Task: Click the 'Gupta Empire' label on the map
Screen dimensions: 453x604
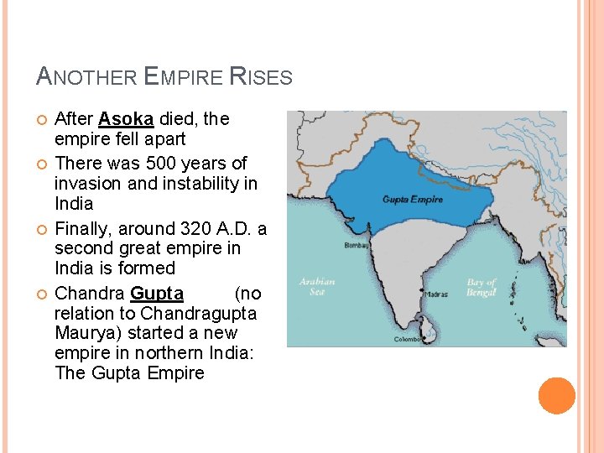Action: [412, 200]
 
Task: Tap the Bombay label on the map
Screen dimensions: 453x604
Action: [356, 246]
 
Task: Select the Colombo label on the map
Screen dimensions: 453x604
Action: [409, 339]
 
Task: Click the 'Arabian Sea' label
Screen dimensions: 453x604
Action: [316, 286]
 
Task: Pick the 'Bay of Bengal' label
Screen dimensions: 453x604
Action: [481, 287]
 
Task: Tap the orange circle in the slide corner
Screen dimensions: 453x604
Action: [556, 395]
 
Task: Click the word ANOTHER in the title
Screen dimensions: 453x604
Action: [87, 78]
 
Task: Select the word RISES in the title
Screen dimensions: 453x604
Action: [260, 78]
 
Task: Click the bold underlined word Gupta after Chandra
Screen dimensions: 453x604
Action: [157, 294]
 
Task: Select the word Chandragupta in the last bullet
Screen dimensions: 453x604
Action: [199, 314]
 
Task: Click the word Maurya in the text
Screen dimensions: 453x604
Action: [81, 334]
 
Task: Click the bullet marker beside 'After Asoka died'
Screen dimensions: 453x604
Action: [40, 120]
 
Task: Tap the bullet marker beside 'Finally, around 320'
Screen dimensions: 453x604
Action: [40, 229]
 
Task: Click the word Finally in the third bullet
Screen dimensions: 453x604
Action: [81, 228]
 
